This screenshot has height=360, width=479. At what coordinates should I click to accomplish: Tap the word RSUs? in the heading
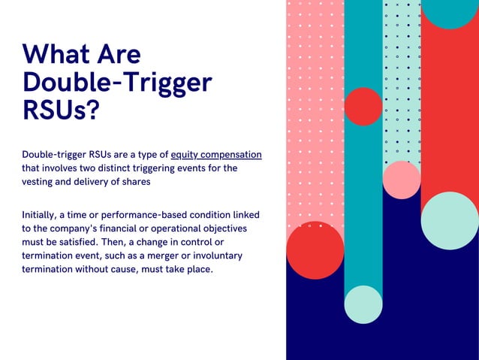pos(61,108)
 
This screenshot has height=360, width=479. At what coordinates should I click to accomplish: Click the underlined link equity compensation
pos(216,155)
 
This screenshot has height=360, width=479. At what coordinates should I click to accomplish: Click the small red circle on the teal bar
pos(363,106)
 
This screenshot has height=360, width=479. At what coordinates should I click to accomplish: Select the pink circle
pos(402,180)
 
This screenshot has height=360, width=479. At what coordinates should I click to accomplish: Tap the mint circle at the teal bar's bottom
pos(363,304)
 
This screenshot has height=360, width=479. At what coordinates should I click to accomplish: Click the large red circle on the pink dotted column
pos(315,250)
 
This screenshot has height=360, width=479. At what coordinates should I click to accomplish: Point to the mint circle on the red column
pos(450,220)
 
